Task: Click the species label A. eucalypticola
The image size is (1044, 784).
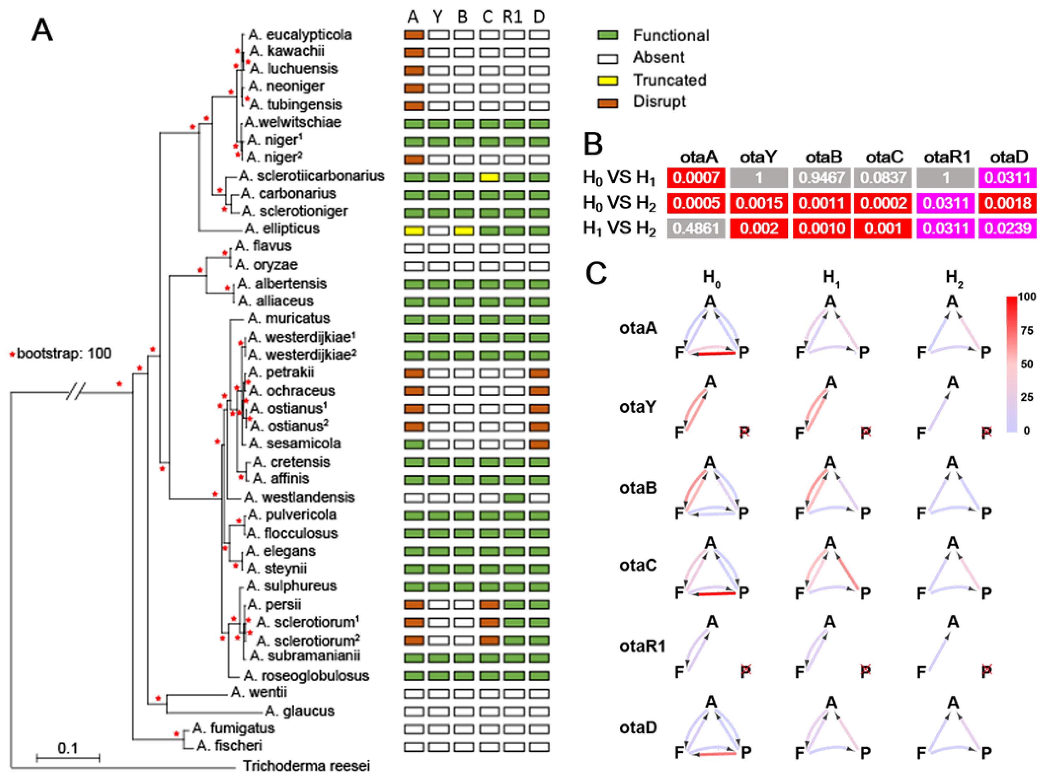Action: tap(300, 35)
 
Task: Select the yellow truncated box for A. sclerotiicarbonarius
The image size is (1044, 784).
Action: tap(489, 178)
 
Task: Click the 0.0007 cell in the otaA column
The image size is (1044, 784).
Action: tap(696, 178)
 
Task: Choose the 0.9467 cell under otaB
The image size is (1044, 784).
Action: tap(821, 178)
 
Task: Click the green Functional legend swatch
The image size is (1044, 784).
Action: tap(607, 35)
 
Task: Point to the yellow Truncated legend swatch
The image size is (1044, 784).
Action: tap(607, 80)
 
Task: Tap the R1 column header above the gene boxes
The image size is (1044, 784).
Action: tap(513, 17)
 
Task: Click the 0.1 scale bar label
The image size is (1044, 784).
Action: tap(68, 748)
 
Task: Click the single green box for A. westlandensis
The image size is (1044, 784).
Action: tap(514, 497)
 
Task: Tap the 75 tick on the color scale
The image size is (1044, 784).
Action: tap(1026, 330)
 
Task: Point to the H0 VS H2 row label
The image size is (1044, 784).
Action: tap(619, 203)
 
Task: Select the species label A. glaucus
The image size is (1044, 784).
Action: tap(300, 710)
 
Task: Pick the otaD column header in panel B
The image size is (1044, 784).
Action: tap(1009, 157)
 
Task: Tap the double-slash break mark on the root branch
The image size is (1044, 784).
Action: tap(75, 392)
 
